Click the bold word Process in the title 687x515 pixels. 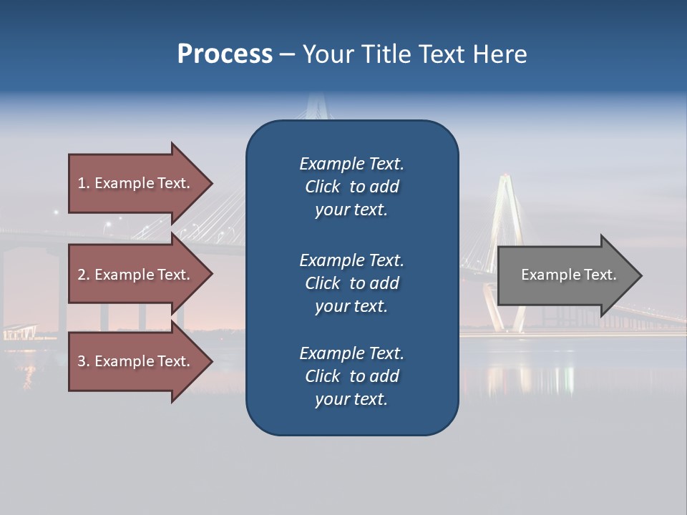click(x=225, y=54)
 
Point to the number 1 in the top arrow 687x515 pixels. click(x=82, y=183)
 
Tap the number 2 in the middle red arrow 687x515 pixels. click(x=82, y=275)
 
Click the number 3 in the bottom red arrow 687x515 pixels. click(x=82, y=362)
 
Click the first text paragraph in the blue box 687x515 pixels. click(x=351, y=187)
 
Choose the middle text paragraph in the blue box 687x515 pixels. click(x=351, y=283)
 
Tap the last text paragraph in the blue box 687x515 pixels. click(x=351, y=376)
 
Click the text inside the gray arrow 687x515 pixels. click(x=568, y=275)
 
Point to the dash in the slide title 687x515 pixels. click(x=287, y=55)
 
